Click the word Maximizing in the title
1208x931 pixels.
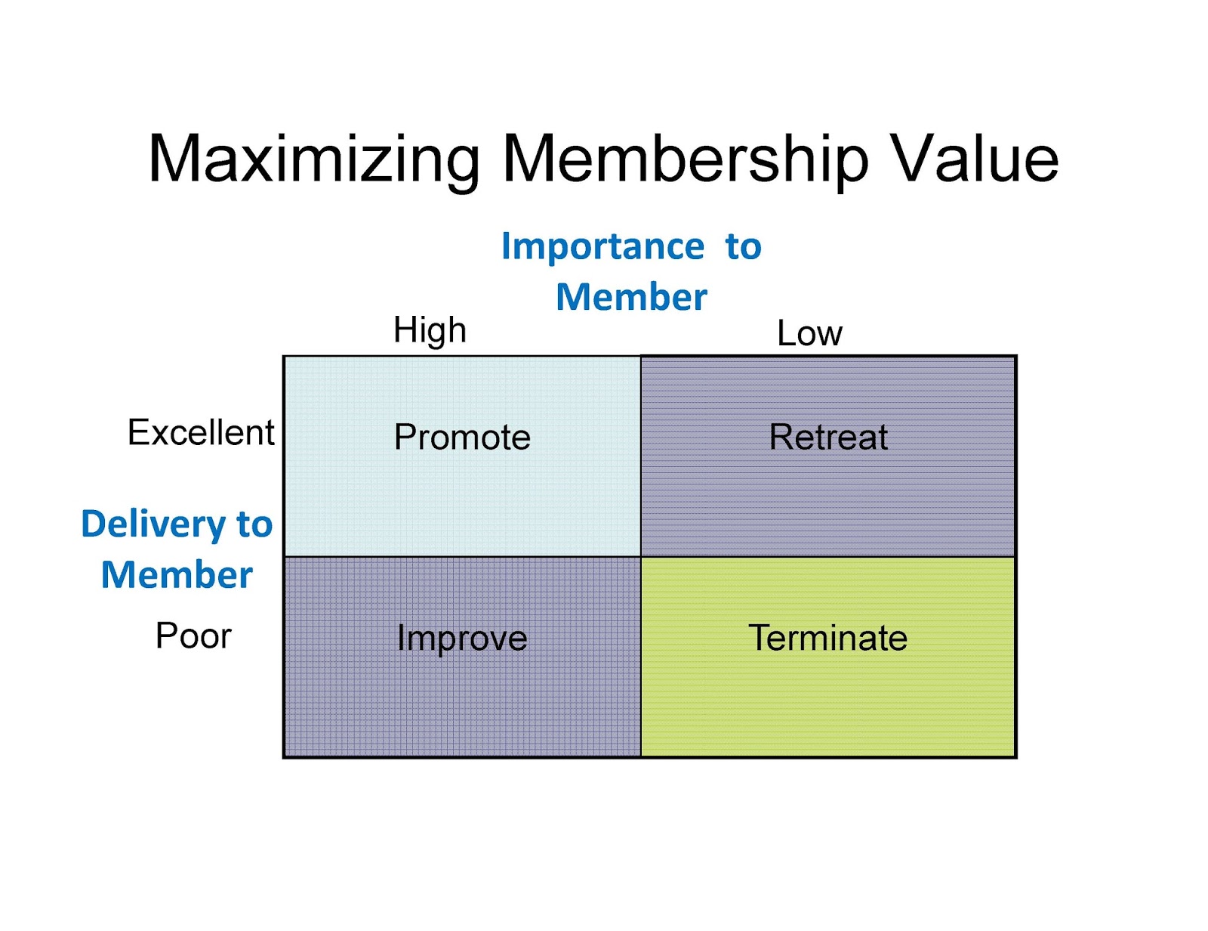click(x=314, y=160)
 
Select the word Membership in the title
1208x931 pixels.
click(x=685, y=160)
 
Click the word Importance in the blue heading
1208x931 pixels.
click(x=602, y=246)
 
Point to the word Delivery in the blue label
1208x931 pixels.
click(x=153, y=524)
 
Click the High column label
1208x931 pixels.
click(x=430, y=330)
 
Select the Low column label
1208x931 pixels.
click(x=809, y=333)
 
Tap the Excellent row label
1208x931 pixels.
click(x=201, y=432)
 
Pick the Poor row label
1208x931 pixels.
click(x=193, y=636)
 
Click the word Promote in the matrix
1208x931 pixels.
click(x=462, y=437)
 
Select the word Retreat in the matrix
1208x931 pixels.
click(x=828, y=437)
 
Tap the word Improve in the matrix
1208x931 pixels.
click(x=462, y=639)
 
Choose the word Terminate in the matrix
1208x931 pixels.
click(x=827, y=638)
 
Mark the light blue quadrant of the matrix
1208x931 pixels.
click(x=462, y=499)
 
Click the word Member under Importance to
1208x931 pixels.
click(x=631, y=297)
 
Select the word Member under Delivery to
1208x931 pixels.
click(x=177, y=575)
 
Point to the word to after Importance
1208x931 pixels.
click(x=744, y=247)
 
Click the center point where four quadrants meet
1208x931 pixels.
click(x=640, y=557)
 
